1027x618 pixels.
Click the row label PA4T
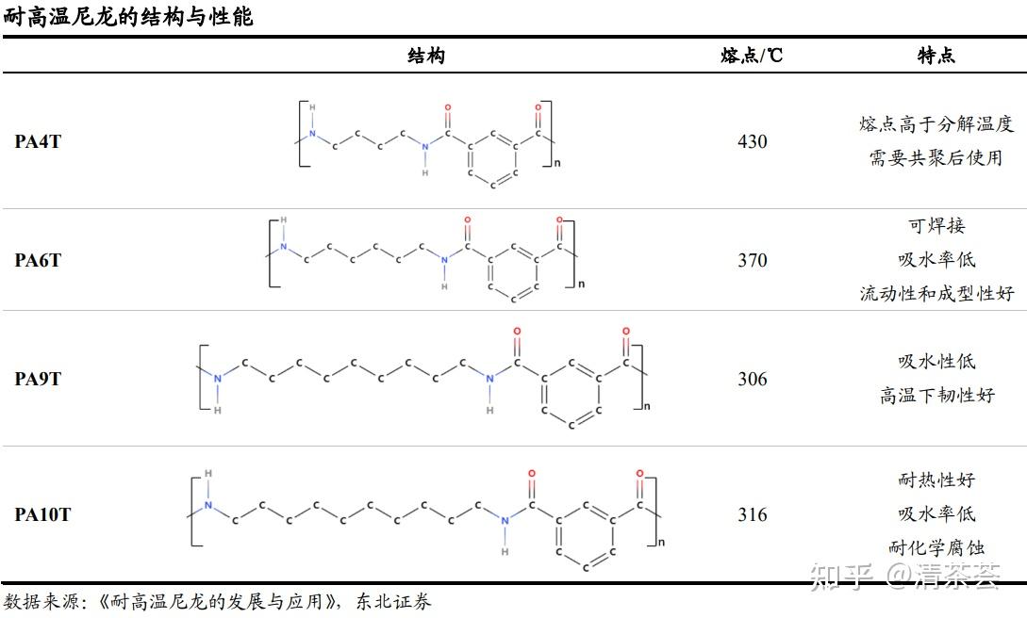(38, 142)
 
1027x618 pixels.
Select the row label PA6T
(38, 260)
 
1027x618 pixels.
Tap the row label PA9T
(38, 379)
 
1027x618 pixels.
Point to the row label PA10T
(42, 514)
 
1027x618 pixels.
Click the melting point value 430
(752, 142)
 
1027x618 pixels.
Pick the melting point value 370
(752, 260)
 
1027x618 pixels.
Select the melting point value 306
(752, 379)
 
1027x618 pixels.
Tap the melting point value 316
(752, 514)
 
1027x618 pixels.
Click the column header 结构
(426, 56)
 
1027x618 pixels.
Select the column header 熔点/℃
(752, 56)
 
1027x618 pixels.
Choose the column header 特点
(936, 56)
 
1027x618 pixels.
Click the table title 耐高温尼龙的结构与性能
(128, 17)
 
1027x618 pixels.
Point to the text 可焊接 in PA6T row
(936, 226)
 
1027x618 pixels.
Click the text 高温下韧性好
(936, 396)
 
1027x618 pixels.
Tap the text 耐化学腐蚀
(936, 548)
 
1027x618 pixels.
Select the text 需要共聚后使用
(936, 158)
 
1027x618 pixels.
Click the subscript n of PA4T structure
(556, 164)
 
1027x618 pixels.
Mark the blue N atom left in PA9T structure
(218, 379)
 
